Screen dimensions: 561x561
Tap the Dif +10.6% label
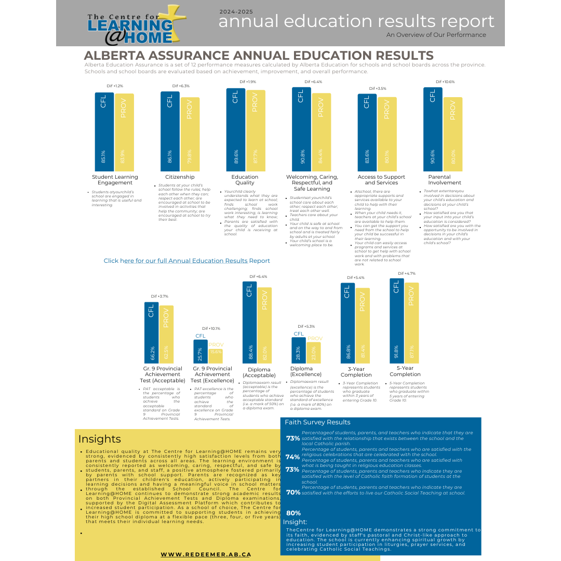click(445, 82)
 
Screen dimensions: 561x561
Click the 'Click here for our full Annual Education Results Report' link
click(187, 261)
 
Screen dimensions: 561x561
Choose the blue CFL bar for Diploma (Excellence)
click(299, 350)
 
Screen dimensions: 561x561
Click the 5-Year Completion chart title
click(405, 371)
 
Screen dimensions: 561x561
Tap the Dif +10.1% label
click(211, 328)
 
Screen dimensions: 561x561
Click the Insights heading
click(100, 439)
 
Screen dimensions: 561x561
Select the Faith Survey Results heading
click(317, 422)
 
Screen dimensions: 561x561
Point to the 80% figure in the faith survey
click(293, 513)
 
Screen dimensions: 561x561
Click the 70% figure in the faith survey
click(293, 492)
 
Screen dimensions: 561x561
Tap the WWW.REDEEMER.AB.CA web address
click(206, 554)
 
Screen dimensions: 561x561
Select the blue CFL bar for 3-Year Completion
click(348, 323)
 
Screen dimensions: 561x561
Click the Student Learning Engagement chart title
click(115, 180)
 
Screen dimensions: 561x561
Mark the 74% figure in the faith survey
click(292, 457)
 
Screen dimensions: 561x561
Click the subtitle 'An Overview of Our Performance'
click(436, 35)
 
